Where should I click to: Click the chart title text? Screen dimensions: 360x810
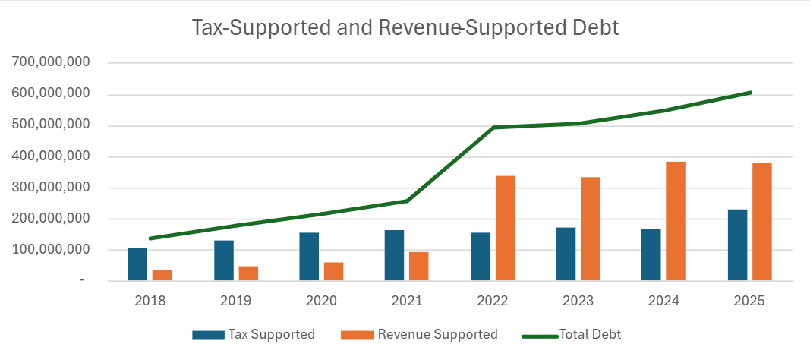[405, 28]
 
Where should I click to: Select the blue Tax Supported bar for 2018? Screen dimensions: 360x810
[137, 264]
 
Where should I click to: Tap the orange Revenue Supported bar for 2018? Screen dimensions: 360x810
[162, 275]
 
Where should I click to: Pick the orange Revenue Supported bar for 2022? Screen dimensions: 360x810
[505, 228]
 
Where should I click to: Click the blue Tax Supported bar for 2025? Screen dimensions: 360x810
[737, 245]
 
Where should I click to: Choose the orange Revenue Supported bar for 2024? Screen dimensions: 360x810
[675, 221]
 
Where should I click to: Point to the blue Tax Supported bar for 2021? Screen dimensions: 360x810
[394, 255]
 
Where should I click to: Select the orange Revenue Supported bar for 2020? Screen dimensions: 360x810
[333, 271]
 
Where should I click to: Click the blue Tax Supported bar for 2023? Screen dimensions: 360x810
[566, 254]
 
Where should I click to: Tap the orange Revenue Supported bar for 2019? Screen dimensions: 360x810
[248, 273]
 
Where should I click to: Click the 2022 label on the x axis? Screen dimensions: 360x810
[493, 300]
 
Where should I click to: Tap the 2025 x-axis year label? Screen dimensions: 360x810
[749, 300]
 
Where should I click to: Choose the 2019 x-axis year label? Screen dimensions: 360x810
[236, 300]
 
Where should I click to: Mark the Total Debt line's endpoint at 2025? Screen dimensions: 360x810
[750, 93]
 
